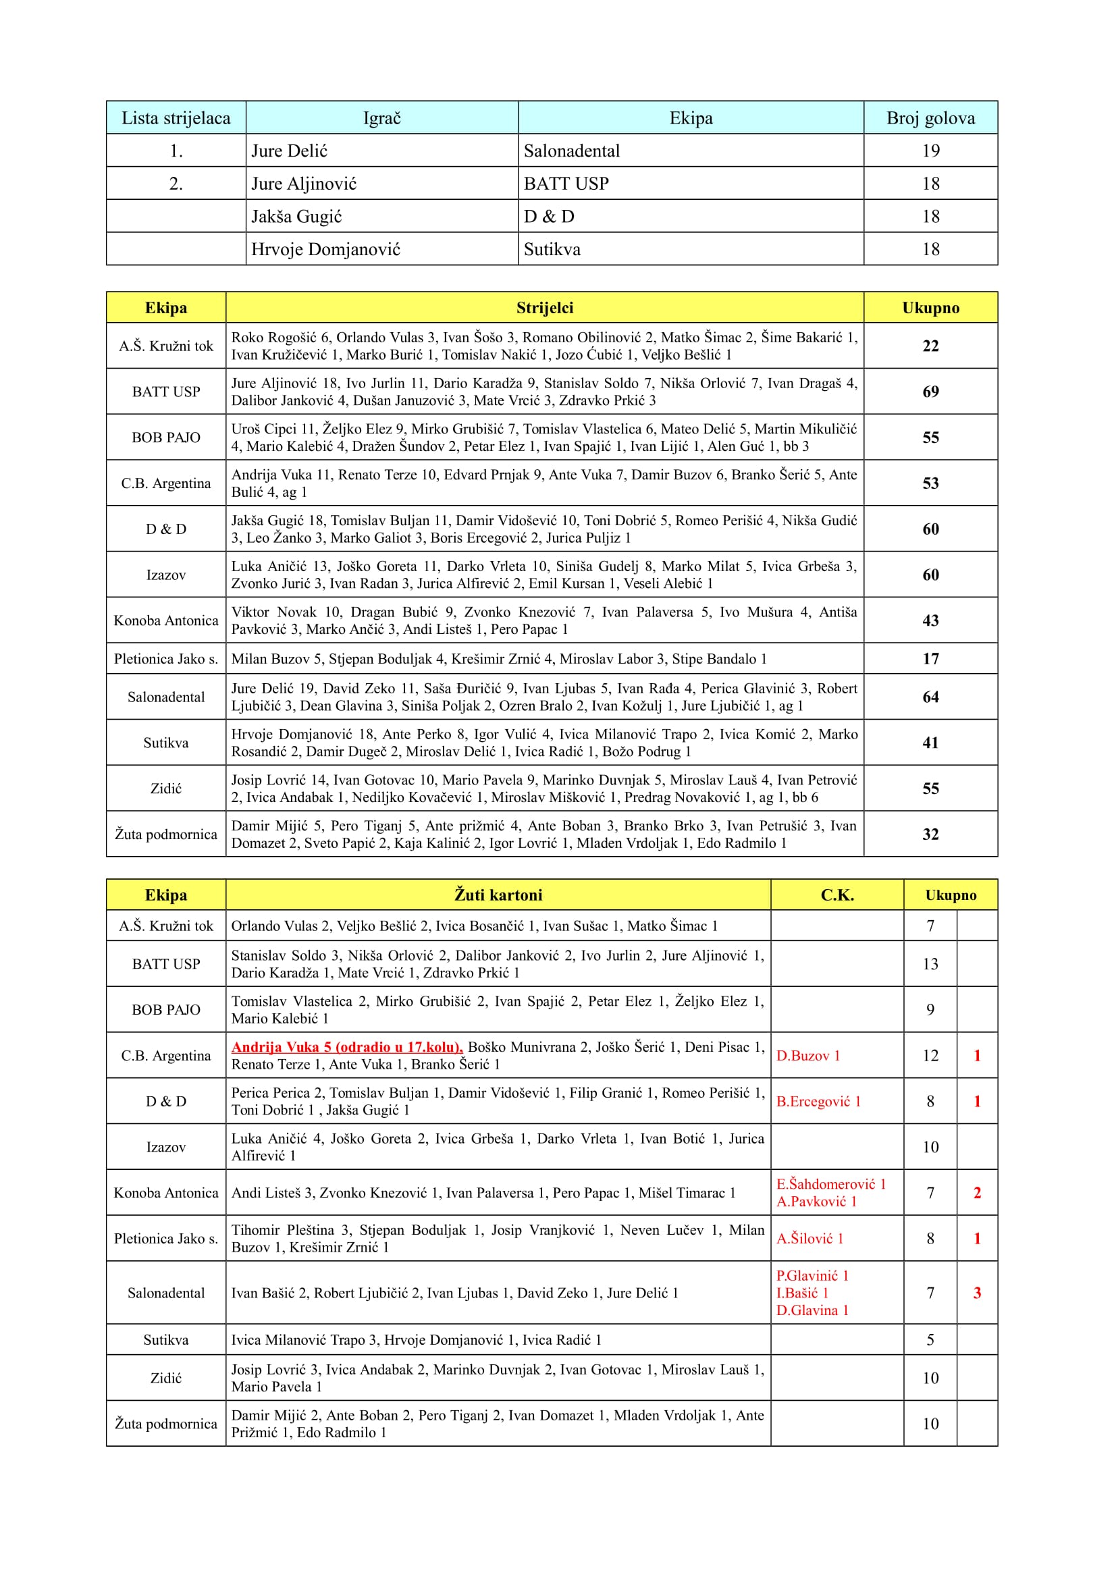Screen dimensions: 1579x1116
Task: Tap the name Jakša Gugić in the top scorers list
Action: [x=296, y=217]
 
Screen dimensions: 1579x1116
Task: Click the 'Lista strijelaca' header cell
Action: [x=176, y=118]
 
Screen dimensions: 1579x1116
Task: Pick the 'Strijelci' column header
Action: [x=545, y=307]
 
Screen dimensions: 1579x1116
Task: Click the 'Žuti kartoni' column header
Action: [x=498, y=894]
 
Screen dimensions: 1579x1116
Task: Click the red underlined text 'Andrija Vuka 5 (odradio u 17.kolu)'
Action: [x=346, y=1047]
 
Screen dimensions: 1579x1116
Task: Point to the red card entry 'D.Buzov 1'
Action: [x=808, y=1056]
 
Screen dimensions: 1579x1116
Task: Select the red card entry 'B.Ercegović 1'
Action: [x=818, y=1101]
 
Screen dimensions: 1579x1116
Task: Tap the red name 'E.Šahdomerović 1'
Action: [x=830, y=1183]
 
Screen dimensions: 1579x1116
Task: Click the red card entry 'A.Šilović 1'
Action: [x=809, y=1239]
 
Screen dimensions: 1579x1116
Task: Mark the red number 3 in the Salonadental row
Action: [x=976, y=1293]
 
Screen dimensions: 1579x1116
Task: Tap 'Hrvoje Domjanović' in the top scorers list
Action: [x=325, y=249]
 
